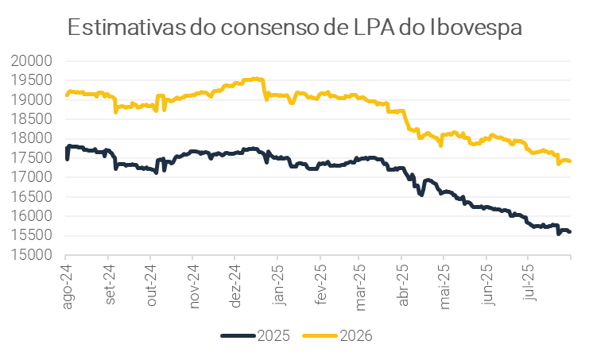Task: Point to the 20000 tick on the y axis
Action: pos(32,61)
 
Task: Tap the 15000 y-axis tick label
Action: pos(32,255)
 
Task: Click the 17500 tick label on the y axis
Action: pos(32,158)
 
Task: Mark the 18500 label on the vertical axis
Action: pos(32,119)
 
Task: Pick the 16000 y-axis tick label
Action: pos(32,216)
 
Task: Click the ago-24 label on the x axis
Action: pos(68,286)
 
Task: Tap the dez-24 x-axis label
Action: pos(237,286)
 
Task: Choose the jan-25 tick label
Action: pos(279,286)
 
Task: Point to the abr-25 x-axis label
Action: pos(403,286)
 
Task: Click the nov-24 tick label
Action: pos(194,286)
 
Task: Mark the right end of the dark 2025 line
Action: pos(570,232)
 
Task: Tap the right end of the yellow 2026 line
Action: pos(570,161)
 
